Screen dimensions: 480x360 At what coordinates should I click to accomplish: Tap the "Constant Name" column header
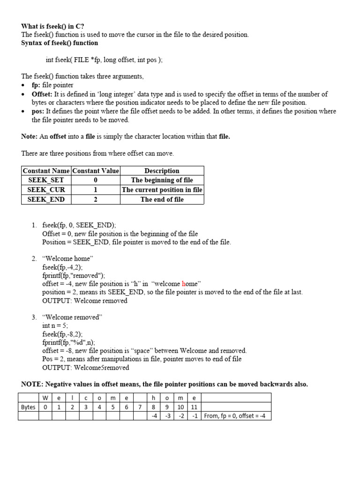pos(46,171)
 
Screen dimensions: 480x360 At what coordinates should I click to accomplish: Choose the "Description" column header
pos(162,171)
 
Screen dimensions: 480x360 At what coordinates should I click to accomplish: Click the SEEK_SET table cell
pos(46,180)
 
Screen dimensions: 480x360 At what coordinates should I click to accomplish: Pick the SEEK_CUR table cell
pos(46,190)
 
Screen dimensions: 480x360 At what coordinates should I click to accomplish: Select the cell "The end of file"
pos(162,199)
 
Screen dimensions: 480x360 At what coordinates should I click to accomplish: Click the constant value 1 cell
pos(96,190)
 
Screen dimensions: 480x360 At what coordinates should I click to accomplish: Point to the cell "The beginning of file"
pos(162,180)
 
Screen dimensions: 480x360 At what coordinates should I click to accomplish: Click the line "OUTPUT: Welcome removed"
pos(85,300)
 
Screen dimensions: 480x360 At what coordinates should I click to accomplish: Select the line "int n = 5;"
pos(55,325)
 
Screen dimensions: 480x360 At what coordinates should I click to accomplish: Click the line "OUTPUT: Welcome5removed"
pos(86,367)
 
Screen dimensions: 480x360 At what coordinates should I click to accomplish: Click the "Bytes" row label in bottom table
pos(28,407)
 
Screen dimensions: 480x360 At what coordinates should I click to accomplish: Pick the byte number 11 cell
pos(194,407)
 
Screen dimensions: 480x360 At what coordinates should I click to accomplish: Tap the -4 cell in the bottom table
pos(154,416)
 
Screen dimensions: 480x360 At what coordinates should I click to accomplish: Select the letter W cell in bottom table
pos(45,398)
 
